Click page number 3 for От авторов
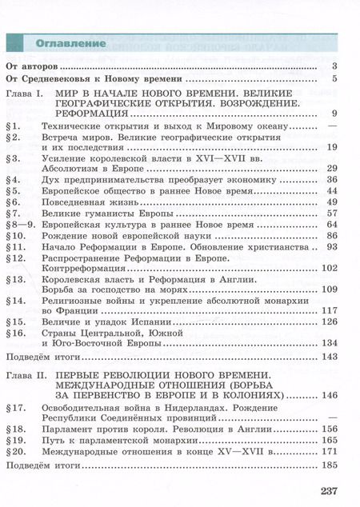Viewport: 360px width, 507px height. click(x=334, y=66)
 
